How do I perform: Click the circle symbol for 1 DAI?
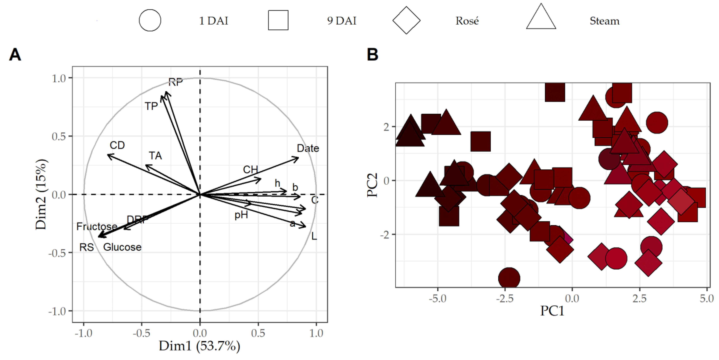150,20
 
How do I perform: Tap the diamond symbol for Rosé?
406,20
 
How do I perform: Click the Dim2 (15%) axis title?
41,194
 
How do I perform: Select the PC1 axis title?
552,311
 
